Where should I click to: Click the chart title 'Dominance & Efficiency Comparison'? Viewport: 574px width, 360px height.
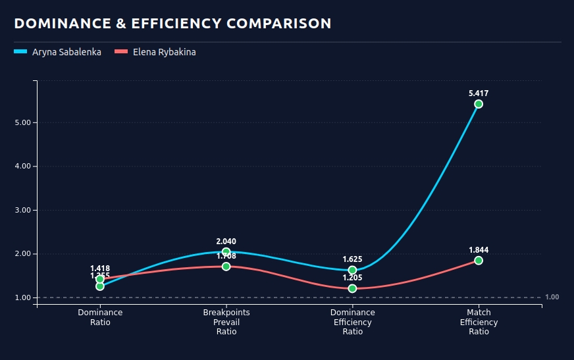tap(172, 24)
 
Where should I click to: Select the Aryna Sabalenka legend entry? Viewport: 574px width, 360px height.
tap(58, 52)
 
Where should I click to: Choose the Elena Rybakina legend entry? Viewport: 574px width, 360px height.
tap(155, 52)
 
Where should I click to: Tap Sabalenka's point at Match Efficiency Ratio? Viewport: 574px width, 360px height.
tap(479, 104)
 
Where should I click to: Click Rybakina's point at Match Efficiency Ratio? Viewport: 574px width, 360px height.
tap(479, 261)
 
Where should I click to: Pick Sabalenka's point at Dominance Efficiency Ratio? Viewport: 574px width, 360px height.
tap(352, 270)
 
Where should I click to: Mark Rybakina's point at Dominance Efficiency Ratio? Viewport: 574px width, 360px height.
tap(352, 288)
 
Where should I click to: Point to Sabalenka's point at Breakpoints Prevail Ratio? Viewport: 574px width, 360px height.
tap(226, 251)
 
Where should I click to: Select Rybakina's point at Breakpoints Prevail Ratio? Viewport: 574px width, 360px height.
tap(226, 267)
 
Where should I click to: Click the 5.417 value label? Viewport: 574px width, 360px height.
tap(479, 93)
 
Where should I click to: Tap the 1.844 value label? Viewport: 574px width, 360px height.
tap(479, 250)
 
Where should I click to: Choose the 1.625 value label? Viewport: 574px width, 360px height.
tap(352, 259)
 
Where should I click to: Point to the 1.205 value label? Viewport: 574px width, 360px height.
tap(352, 278)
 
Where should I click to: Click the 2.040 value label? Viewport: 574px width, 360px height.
tap(226, 242)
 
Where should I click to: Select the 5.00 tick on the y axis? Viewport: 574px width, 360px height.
tap(22, 122)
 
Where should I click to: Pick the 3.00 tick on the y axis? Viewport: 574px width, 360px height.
tap(22, 210)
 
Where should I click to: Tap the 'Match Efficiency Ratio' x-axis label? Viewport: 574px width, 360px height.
tap(479, 322)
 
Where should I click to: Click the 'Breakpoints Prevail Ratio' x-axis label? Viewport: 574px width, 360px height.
tap(226, 322)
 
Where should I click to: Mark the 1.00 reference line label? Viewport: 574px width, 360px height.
tap(552, 297)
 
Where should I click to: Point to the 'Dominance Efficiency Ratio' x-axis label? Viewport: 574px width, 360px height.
tap(352, 322)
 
